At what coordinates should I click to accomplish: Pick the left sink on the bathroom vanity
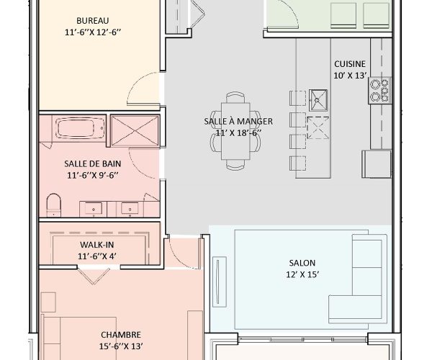(95, 209)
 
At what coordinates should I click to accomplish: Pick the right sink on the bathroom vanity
(131, 209)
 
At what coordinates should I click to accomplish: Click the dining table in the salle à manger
(238, 131)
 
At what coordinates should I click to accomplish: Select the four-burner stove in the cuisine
(379, 89)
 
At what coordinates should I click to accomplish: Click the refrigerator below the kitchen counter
(377, 163)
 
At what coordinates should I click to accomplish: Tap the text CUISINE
(349, 63)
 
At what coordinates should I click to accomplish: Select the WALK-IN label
(96, 245)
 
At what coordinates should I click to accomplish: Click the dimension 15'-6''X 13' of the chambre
(120, 346)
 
